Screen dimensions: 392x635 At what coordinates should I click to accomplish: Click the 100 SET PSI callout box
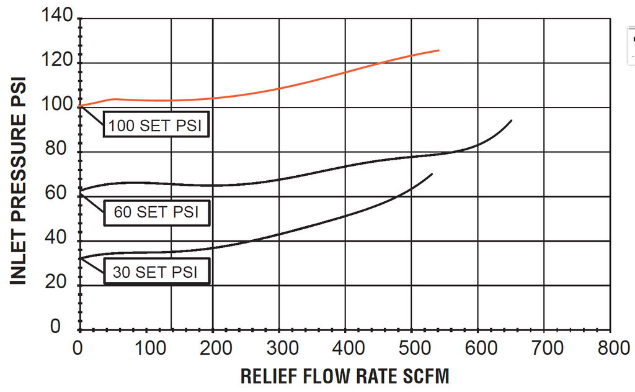(155, 125)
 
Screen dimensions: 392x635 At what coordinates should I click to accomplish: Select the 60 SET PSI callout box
(156, 212)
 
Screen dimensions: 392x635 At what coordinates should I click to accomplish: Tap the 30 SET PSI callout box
(156, 272)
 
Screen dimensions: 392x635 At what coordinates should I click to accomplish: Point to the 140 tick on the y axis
(59, 17)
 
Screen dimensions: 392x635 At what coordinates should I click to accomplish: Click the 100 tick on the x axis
(147, 347)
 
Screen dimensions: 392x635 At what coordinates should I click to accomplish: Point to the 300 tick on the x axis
(279, 347)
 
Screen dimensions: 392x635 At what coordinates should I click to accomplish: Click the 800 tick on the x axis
(610, 347)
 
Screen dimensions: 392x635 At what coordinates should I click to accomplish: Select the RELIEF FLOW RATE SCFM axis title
(344, 376)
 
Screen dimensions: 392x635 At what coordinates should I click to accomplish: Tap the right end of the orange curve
(438, 50)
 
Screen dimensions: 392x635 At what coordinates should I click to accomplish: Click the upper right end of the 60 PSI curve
(511, 121)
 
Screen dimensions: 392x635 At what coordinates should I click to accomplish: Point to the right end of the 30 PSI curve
(432, 174)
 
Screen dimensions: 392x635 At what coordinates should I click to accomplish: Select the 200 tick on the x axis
(213, 347)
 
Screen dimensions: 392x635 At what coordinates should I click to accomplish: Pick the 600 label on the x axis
(478, 347)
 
